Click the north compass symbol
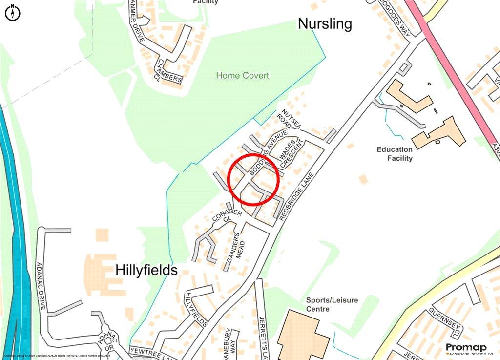pyautogui.click(x=13, y=13)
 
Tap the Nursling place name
pyautogui.click(x=325, y=24)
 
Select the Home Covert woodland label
pyautogui.click(x=242, y=76)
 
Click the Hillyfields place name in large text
pyautogui.click(x=146, y=270)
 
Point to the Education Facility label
pyautogui.click(x=395, y=154)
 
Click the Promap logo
pyautogui.click(x=466, y=348)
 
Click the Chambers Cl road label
pyautogui.click(x=169, y=74)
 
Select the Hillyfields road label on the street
pyautogui.click(x=197, y=309)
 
